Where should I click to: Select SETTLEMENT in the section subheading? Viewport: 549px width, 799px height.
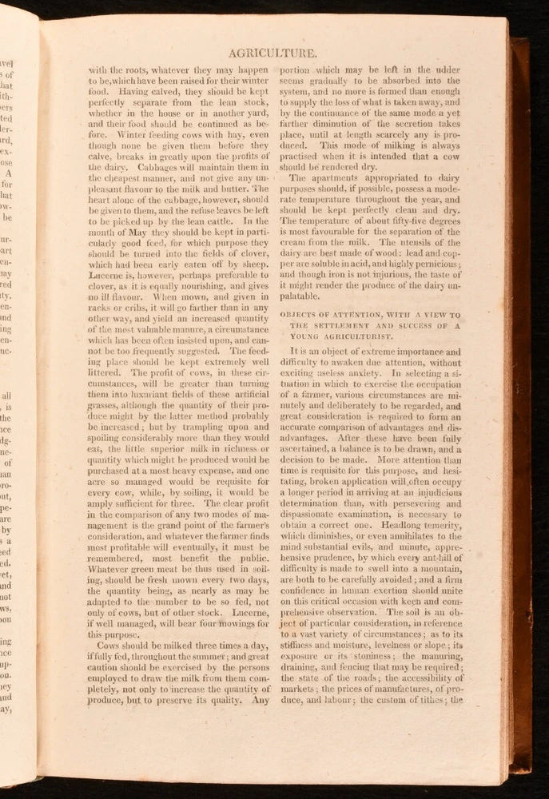340,327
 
